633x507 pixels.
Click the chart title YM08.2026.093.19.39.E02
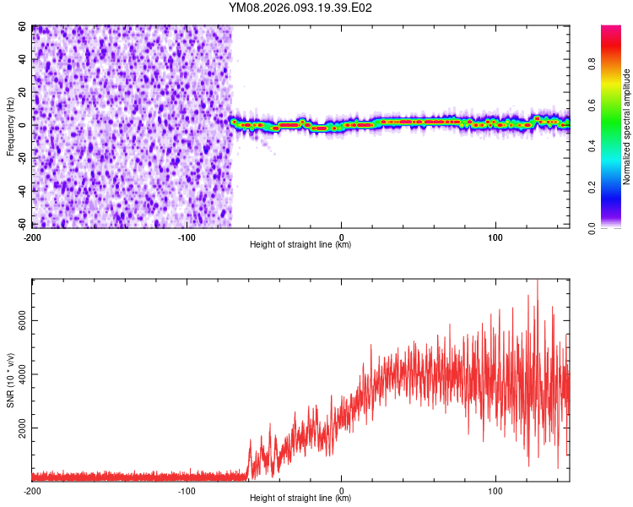300,8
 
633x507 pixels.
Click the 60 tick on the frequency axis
23,27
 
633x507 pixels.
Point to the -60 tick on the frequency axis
21,224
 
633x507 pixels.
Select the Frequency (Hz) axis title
10,126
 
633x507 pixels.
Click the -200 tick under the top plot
32,236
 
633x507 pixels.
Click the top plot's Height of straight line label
300,245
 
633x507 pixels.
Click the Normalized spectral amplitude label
626,127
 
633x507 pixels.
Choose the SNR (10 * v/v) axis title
10,380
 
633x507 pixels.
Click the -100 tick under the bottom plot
187,490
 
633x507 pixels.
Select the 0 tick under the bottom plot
342,490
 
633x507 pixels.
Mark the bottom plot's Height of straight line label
300,499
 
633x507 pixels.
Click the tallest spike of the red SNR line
537,282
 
